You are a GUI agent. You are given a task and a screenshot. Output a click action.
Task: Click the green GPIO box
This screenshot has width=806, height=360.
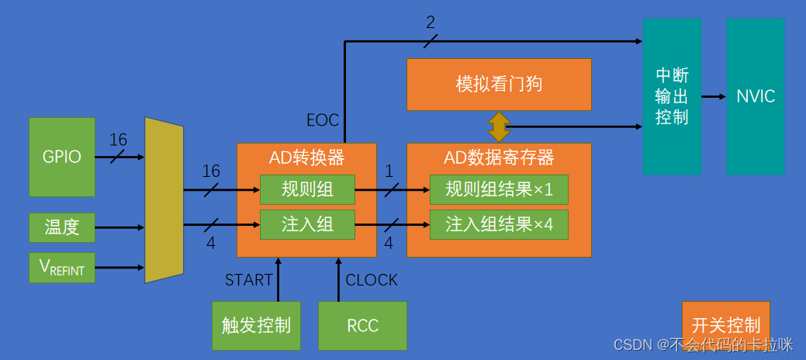(62, 157)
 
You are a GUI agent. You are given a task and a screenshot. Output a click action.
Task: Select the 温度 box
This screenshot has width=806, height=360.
(62, 227)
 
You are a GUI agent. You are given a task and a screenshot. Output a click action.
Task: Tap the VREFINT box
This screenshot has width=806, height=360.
(62, 268)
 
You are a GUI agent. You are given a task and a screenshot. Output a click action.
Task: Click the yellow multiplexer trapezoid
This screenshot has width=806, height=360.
(164, 199)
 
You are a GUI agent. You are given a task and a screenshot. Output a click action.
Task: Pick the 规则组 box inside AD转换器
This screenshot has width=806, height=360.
(307, 189)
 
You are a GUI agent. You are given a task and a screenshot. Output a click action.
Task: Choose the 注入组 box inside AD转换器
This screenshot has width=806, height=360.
(307, 224)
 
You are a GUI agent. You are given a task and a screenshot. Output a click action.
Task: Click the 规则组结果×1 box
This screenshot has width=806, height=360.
(499, 189)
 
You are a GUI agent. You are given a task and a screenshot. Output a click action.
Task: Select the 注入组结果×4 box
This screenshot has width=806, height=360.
(499, 224)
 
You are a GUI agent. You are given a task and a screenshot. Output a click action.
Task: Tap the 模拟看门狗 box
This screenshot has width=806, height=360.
(499, 84)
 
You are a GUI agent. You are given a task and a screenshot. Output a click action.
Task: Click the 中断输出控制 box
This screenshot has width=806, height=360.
(672, 96)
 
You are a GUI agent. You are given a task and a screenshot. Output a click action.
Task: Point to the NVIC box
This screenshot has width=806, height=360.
(756, 96)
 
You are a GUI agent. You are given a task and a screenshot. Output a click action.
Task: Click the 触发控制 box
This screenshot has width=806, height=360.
(256, 325)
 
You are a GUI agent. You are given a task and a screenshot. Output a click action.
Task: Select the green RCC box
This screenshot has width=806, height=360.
(362, 325)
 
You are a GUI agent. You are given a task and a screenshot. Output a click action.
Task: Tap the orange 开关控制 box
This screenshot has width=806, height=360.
(725, 324)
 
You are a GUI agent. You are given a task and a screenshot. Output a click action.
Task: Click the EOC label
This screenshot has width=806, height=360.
(322, 120)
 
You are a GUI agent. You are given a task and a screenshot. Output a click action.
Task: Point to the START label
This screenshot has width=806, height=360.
(249, 280)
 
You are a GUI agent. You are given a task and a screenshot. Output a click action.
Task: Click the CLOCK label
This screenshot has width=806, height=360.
(372, 280)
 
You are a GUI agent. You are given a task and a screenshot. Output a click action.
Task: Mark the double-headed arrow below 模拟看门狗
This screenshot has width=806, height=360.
(498, 126)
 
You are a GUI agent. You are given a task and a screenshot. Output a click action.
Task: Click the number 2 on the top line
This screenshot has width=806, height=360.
(431, 22)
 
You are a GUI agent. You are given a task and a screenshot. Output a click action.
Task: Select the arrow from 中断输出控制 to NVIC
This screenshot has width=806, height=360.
(714, 97)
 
